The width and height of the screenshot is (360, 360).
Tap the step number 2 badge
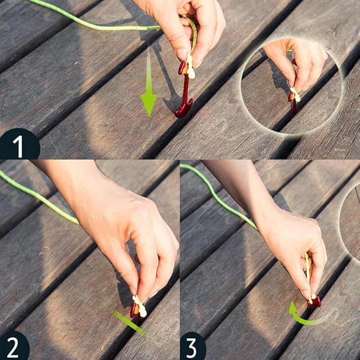click(13, 347)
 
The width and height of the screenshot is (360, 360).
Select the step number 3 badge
click(192, 347)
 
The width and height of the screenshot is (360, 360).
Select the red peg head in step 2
click(135, 310)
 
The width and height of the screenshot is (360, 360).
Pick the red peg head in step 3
click(315, 302)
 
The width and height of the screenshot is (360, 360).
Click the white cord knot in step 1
click(190, 67)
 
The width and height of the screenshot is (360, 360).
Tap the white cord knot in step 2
click(140, 306)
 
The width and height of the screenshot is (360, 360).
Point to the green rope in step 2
click(39, 197)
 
